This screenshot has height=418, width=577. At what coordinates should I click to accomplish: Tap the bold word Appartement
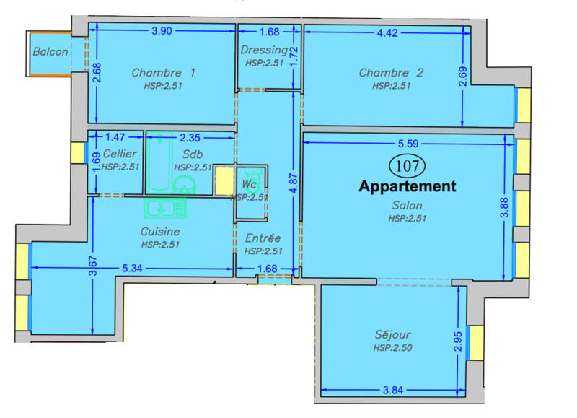[408, 186]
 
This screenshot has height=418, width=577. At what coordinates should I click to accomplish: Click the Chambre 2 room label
[391, 73]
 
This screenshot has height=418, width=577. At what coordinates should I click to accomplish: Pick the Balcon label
[50, 52]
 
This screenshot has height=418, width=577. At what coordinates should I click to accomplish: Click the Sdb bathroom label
[193, 154]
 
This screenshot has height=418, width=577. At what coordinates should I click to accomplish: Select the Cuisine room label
[161, 232]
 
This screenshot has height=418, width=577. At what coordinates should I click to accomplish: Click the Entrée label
[263, 238]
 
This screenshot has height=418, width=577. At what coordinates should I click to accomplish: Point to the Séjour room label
[392, 335]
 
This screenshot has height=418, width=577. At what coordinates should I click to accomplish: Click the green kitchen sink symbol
[164, 209]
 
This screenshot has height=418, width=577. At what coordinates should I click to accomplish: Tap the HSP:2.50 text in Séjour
[392, 348]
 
